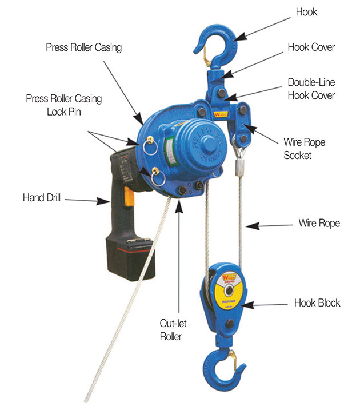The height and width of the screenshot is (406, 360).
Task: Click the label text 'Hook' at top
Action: pos(307,12)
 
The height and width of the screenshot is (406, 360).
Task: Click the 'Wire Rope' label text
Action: pos(319,223)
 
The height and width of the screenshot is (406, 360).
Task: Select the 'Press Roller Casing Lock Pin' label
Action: pos(63,105)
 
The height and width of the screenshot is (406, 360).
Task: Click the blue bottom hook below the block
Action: pos(219,366)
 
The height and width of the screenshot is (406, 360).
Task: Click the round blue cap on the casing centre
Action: pos(201,144)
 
